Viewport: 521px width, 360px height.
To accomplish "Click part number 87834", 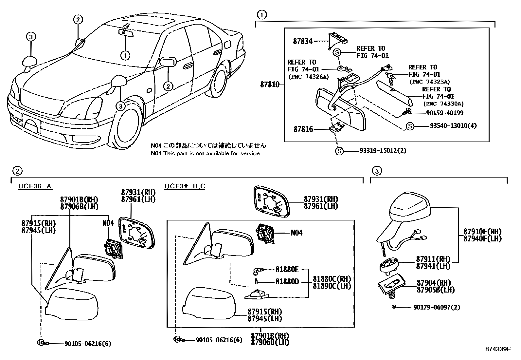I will click(303, 41).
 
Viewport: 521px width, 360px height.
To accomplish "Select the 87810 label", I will click(270, 85).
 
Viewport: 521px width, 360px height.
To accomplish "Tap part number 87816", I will click(303, 129).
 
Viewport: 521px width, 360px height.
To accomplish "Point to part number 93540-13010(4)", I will click(453, 126).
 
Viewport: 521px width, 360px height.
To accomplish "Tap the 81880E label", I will click(287, 270).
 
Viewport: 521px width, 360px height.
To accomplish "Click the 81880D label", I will click(287, 282).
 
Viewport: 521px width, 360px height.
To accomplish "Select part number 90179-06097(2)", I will click(437, 307).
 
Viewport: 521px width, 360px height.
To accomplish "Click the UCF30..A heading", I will click(35, 186).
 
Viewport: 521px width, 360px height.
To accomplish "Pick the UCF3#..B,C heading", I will click(185, 186).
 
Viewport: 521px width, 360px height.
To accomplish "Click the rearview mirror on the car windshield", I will click(126, 32).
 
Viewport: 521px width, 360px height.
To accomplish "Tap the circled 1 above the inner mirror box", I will click(261, 15).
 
